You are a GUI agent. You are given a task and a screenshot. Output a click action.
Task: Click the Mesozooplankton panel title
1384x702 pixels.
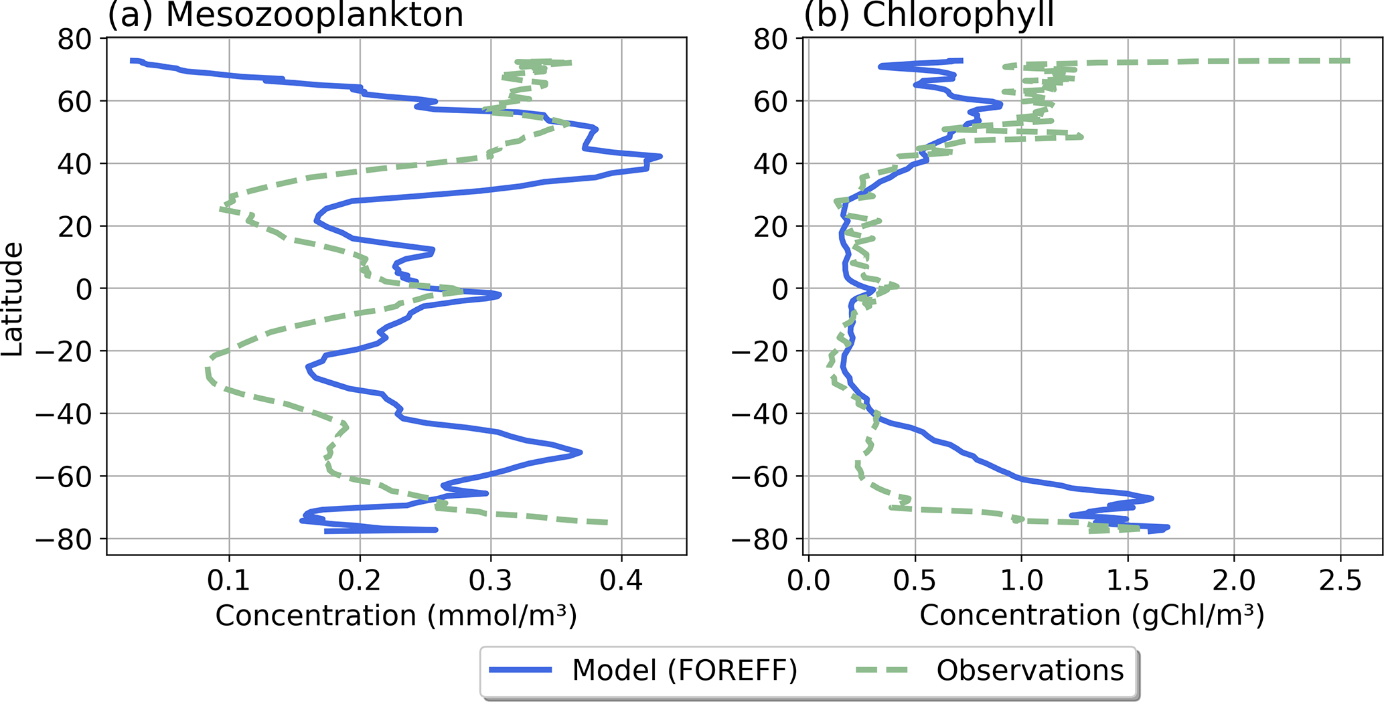[x=285, y=15]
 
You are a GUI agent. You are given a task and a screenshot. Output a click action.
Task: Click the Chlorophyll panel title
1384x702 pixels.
[x=929, y=15]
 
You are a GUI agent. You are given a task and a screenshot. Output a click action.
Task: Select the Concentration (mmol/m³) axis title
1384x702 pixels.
[x=396, y=615]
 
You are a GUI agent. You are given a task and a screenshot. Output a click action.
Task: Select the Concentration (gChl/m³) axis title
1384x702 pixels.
[x=1092, y=615]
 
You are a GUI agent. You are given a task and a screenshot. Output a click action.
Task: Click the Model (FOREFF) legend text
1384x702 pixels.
[x=684, y=670]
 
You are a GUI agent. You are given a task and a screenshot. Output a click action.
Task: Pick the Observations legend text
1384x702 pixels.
[x=1030, y=670]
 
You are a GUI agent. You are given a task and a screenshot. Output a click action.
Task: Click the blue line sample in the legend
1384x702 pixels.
[x=520, y=671]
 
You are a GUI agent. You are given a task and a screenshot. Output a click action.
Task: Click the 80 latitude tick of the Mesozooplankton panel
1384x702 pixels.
[x=74, y=39]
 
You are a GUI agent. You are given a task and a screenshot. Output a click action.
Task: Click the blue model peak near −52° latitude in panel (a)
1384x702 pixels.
[x=581, y=452]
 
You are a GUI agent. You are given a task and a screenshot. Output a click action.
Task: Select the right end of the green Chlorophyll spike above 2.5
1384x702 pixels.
[x=1349, y=61]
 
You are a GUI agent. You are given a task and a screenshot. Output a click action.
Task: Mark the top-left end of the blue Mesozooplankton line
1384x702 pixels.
[x=132, y=61]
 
